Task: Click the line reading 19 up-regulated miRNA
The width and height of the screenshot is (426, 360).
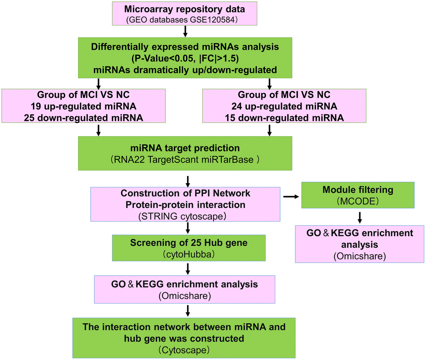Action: click(x=84, y=107)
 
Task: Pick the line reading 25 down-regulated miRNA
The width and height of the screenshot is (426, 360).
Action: click(x=84, y=118)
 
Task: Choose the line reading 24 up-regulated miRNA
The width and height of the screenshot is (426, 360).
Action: click(x=284, y=107)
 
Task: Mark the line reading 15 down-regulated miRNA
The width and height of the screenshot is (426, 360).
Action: click(x=284, y=118)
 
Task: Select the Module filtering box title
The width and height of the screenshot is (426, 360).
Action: click(x=358, y=189)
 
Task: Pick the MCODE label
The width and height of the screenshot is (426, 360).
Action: click(x=358, y=201)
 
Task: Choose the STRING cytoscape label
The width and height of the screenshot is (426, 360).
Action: click(x=185, y=216)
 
